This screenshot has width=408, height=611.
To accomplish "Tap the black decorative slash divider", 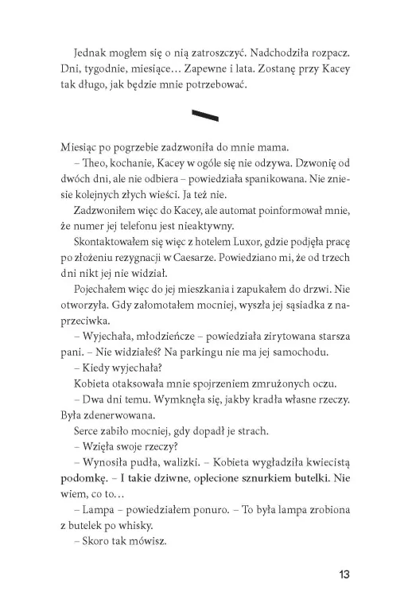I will pos(204,116).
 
